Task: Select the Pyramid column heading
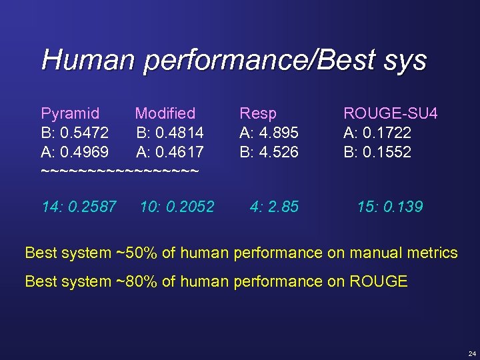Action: (70, 114)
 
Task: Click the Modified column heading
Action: (165, 114)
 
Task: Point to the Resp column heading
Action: (258, 114)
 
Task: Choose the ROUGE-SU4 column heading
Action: (390, 114)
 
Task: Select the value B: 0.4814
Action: (170, 133)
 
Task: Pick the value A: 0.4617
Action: (170, 152)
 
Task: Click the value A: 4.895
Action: (269, 133)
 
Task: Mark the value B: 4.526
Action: (269, 152)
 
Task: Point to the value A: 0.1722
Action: (377, 133)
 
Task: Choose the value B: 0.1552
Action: (377, 152)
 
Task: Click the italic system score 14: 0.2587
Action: (79, 207)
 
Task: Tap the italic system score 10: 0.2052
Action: (177, 207)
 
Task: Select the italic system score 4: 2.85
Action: (274, 207)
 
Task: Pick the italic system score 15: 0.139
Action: (390, 207)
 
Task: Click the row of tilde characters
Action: (120, 171)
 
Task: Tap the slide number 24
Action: (472, 353)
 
